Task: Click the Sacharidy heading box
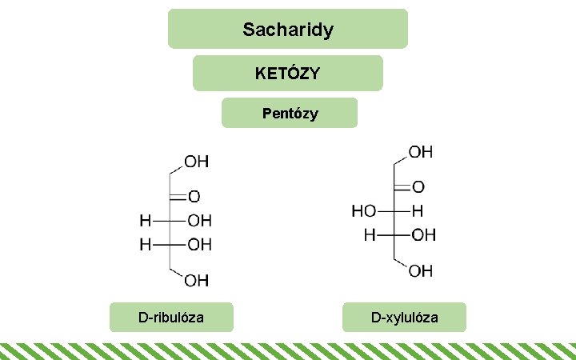coord(287,30)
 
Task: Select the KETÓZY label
coord(287,74)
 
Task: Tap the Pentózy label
coord(290,114)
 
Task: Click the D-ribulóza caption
coord(171,318)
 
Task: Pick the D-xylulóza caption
coord(404,318)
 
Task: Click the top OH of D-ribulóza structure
coord(198,162)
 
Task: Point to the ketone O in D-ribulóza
coord(194,196)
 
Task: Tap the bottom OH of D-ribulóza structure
coord(198,280)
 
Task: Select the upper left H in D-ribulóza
coord(146,220)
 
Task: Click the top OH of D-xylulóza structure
coord(422,151)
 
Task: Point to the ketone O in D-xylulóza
coord(418,186)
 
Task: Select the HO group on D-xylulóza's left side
coord(364,211)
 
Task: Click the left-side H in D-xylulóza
coord(370,235)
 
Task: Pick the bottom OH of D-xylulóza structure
coord(422,271)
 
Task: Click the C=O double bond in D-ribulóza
coord(178,195)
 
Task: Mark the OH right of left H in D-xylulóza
coord(424,235)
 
